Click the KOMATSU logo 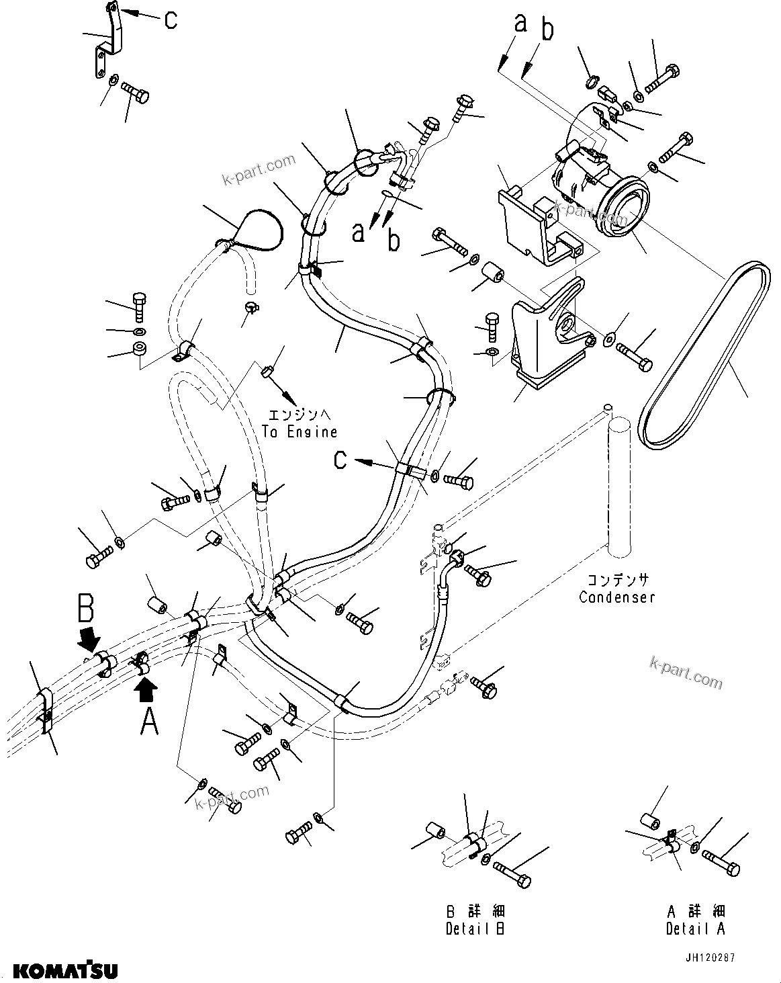tap(65, 970)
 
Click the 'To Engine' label tap(300, 432)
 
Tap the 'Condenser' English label tap(616, 597)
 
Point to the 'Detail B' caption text tap(475, 929)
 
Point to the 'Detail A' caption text tap(695, 929)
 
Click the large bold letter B tap(86, 608)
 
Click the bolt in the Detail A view tap(723, 863)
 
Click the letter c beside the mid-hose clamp tap(341, 460)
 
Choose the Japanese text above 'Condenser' tap(617, 580)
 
